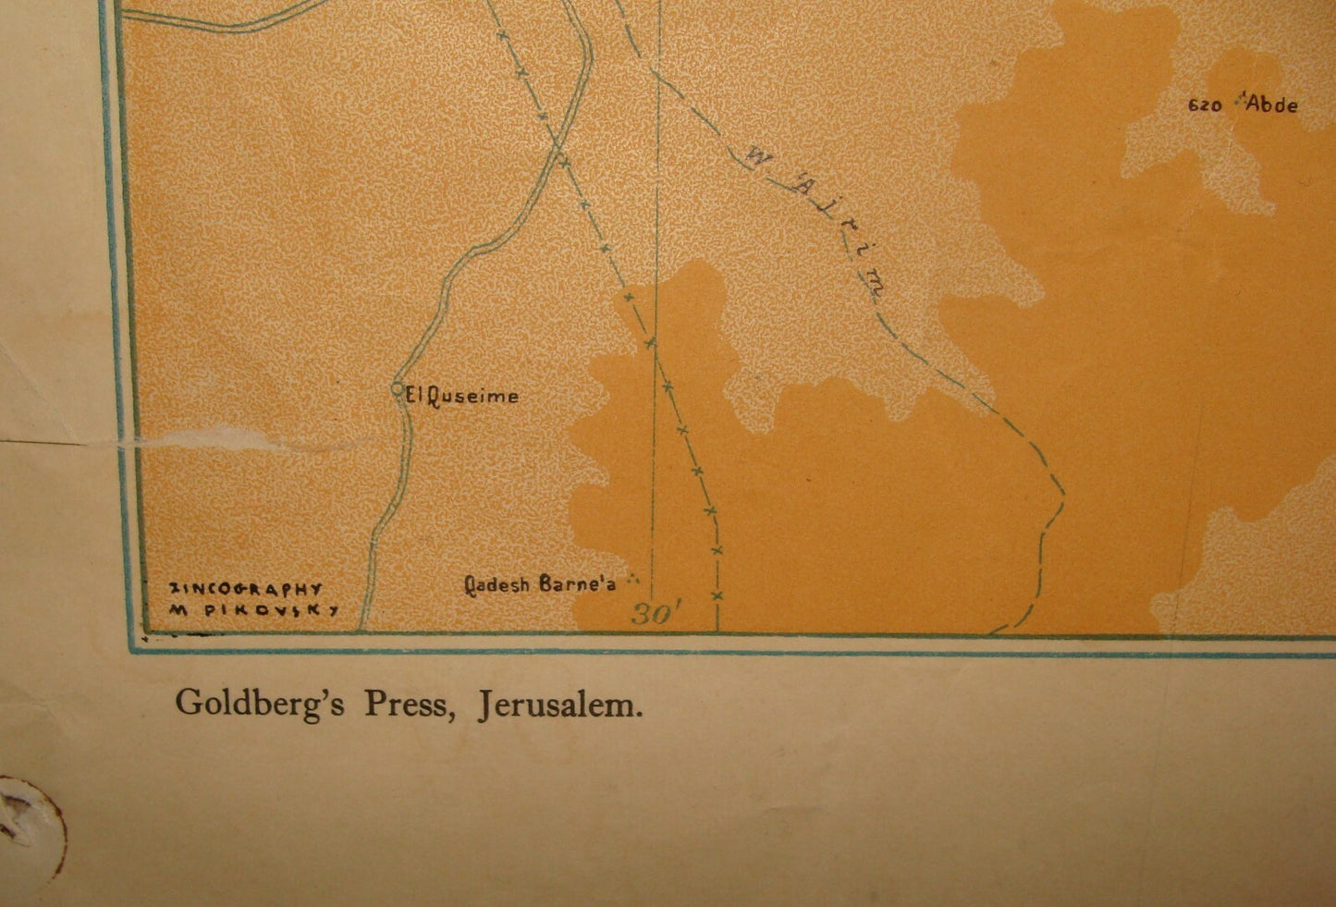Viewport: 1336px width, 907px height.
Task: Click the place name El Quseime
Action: point(462,396)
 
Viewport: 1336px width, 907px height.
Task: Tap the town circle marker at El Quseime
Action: point(398,388)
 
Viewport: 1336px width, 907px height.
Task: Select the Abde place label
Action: point(1272,104)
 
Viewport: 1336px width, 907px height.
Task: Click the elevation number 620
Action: point(1205,105)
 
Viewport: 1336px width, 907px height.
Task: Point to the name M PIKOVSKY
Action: point(253,610)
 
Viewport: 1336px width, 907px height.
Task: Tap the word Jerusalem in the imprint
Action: point(560,705)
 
